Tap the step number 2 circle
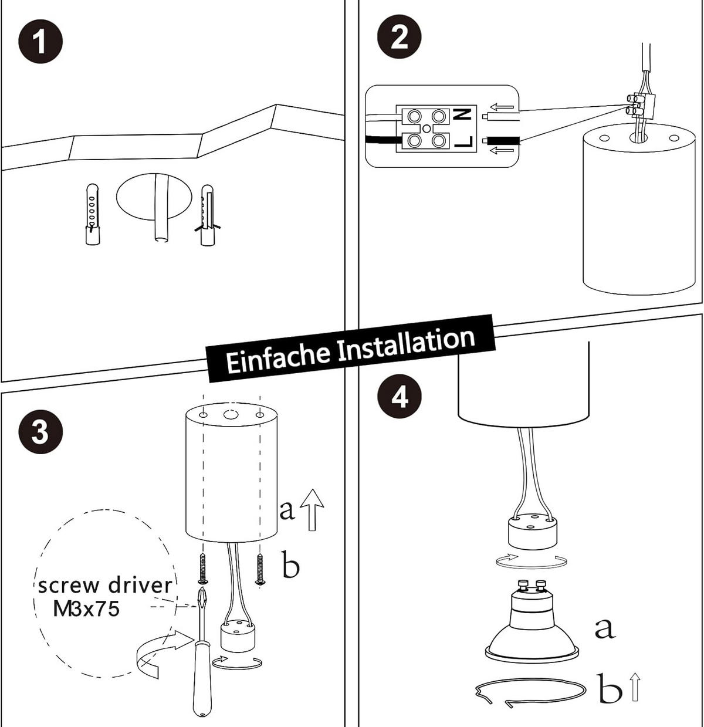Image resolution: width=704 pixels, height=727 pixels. pyautogui.click(x=400, y=38)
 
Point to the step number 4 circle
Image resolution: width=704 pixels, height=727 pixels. pyautogui.click(x=401, y=397)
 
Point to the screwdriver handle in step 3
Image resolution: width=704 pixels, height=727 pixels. pyautogui.click(x=202, y=681)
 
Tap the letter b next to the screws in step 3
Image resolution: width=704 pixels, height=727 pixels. pyautogui.click(x=290, y=565)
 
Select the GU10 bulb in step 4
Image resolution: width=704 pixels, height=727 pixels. pyautogui.click(x=532, y=628)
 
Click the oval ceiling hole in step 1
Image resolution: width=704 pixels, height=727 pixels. pyautogui.click(x=154, y=196)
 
